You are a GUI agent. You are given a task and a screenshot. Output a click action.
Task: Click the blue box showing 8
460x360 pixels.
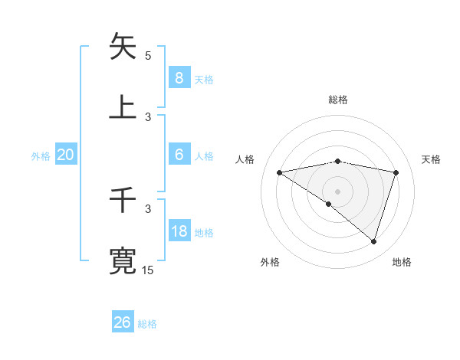(x=179, y=77)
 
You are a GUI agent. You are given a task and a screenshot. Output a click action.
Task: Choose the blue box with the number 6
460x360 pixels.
(x=179, y=155)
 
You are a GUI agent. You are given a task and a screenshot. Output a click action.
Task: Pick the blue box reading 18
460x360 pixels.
(x=179, y=231)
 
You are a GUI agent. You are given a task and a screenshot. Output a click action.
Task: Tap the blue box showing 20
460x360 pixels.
(x=66, y=155)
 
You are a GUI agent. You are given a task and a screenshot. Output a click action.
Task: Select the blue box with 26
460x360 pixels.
(x=122, y=322)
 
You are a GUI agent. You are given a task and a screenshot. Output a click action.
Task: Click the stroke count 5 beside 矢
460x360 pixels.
(x=148, y=55)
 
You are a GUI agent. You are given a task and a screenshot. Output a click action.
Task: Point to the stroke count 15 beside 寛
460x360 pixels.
(x=147, y=270)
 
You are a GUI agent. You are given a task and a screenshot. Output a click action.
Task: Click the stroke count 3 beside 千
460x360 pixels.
(x=148, y=208)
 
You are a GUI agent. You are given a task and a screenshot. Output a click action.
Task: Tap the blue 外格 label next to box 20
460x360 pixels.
(x=41, y=155)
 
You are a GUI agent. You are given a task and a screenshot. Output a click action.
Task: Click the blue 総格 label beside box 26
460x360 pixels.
(x=147, y=324)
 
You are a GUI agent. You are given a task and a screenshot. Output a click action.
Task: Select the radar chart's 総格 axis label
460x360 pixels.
(x=338, y=100)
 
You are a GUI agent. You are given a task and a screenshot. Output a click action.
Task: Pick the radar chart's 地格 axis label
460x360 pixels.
(x=402, y=262)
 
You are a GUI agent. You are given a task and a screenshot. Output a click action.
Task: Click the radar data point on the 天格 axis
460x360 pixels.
(x=396, y=172)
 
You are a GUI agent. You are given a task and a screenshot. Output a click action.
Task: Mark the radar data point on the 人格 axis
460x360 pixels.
(x=280, y=172)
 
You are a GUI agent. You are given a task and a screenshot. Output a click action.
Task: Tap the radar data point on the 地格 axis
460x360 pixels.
(x=373, y=241)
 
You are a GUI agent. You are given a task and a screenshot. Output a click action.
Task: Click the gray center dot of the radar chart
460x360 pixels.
(x=338, y=191)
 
